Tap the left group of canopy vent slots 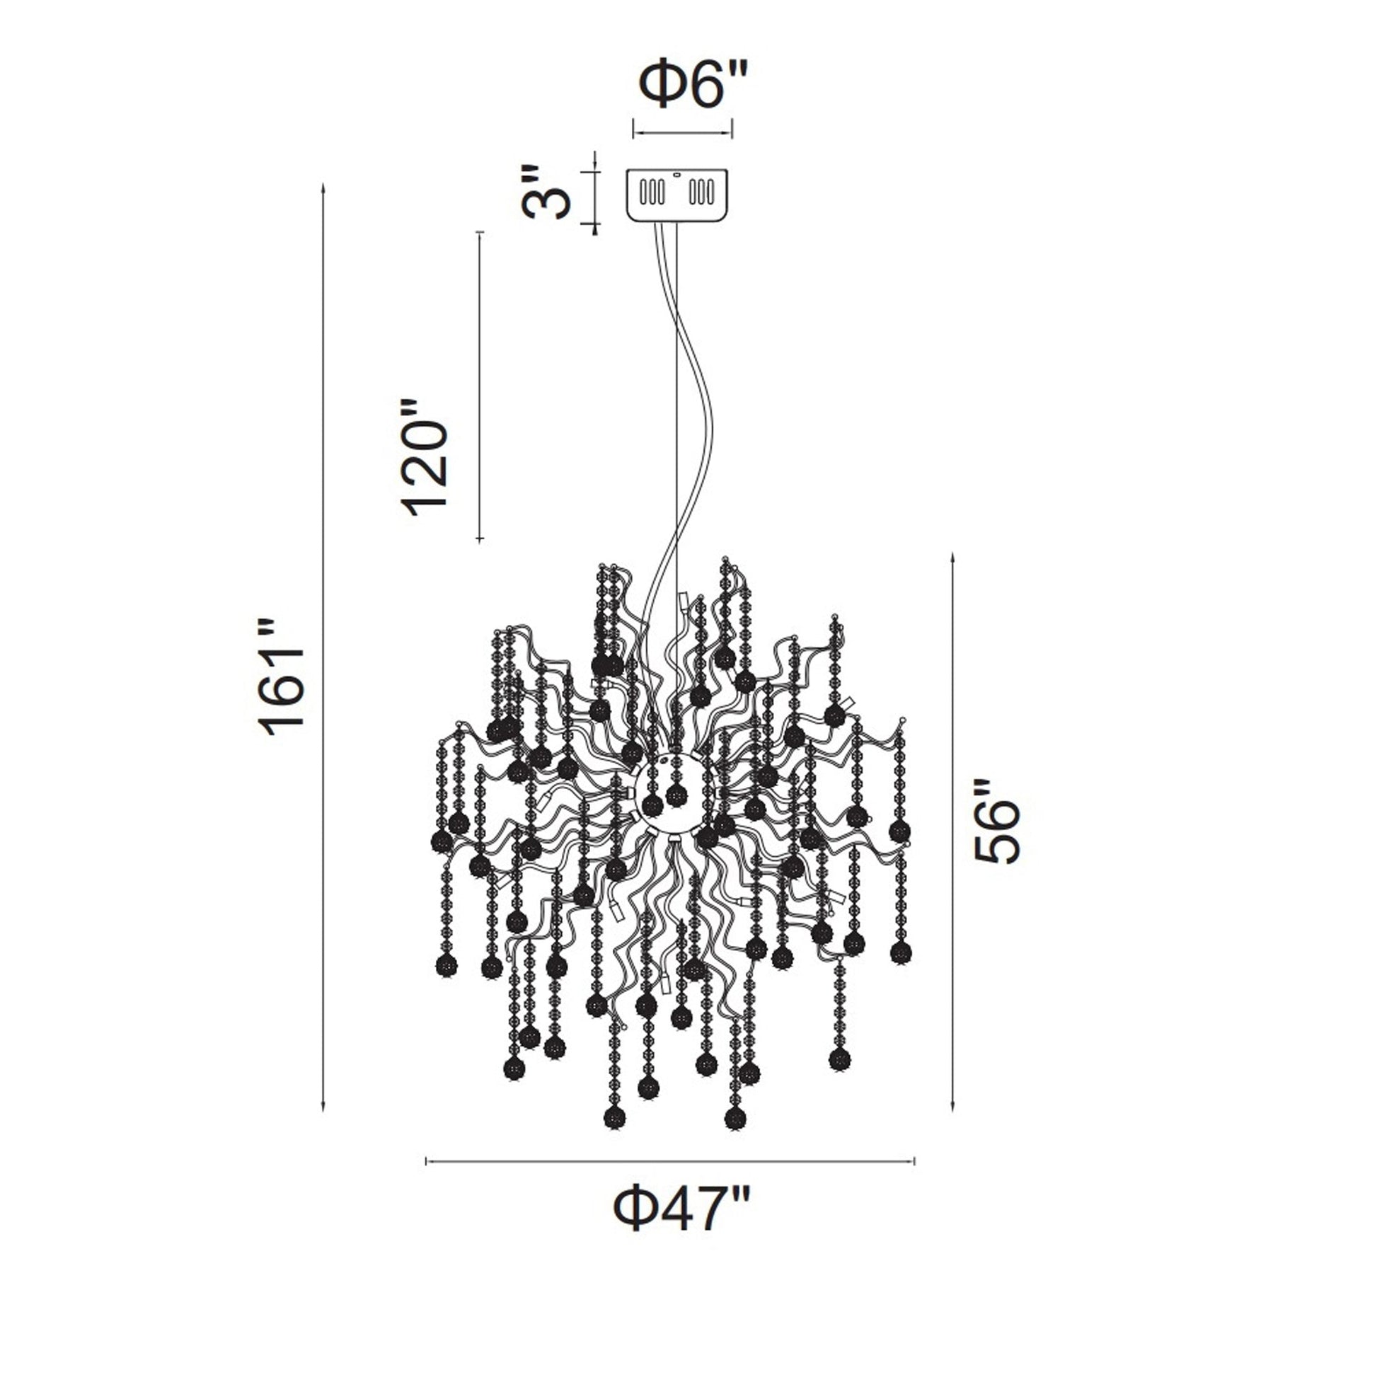[652, 192]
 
